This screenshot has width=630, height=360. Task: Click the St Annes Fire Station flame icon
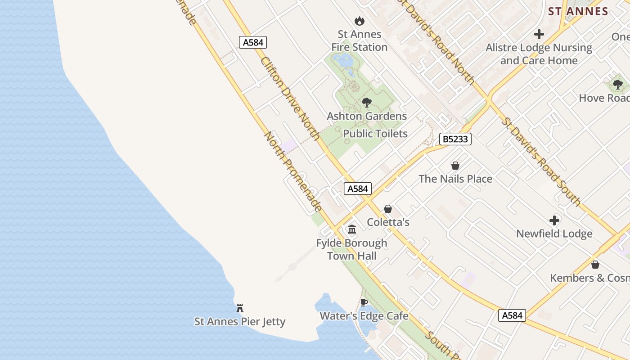[x=359, y=21]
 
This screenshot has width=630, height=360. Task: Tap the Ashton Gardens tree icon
[x=367, y=103]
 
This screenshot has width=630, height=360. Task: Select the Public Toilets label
[x=375, y=134]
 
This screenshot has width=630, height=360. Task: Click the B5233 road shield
[x=455, y=139]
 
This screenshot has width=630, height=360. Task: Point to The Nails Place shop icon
[x=455, y=166]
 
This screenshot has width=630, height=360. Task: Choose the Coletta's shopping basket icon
[x=388, y=209]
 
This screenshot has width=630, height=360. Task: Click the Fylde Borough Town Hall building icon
[x=352, y=229]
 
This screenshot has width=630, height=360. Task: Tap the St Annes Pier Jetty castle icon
[x=240, y=308]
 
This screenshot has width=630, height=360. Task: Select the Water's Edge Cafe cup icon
[x=364, y=302]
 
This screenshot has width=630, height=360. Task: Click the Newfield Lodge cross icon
[x=554, y=220]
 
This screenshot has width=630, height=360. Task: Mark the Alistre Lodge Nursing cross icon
[x=539, y=34]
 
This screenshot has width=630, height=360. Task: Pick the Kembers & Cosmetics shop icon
[x=595, y=265]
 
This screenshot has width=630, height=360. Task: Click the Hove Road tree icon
[x=618, y=85]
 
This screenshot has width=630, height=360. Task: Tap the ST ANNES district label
[x=578, y=11]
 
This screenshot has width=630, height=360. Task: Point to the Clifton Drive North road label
[x=290, y=99]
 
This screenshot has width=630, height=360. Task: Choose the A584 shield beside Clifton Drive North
[x=253, y=42]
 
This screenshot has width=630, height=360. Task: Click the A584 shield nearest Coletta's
[x=358, y=189]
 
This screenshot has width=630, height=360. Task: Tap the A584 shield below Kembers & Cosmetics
[x=513, y=315]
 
